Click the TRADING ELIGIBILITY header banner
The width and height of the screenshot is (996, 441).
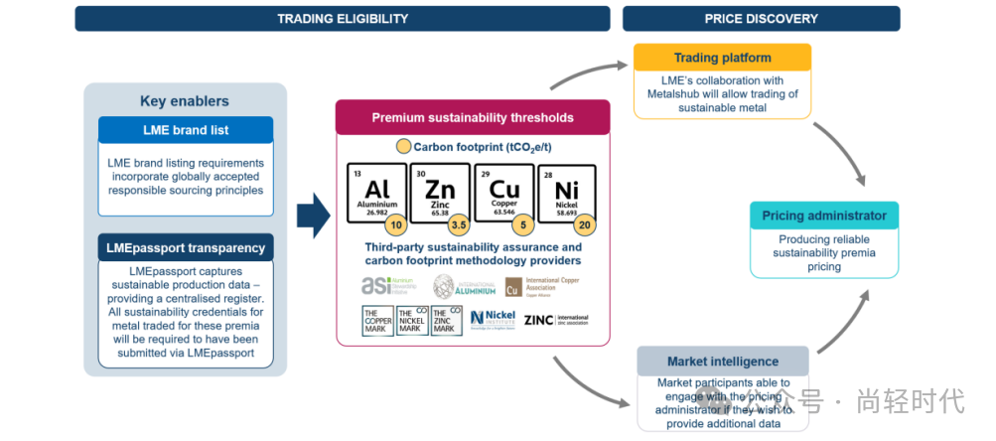pyautogui.click(x=343, y=18)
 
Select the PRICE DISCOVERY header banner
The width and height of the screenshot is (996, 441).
pyautogui.click(x=761, y=18)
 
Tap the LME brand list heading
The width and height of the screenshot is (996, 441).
pyautogui.click(x=186, y=130)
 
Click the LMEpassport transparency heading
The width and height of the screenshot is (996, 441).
pyautogui.click(x=186, y=247)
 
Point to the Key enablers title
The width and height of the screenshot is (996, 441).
pyautogui.click(x=185, y=101)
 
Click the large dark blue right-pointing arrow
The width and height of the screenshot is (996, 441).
pyautogui.click(x=314, y=217)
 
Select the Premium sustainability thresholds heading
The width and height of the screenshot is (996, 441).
pyautogui.click(x=473, y=117)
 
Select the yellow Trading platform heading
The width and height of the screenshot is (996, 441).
pyautogui.click(x=723, y=58)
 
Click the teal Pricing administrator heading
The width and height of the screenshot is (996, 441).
pyautogui.click(x=824, y=216)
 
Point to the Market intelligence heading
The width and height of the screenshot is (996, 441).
pyautogui.click(x=722, y=362)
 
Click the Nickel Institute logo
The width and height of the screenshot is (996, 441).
pyautogui.click(x=493, y=319)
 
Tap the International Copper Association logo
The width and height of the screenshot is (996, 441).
pyautogui.click(x=541, y=287)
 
